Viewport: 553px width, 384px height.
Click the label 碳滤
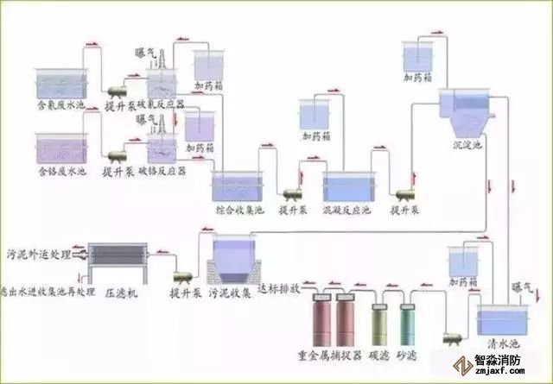pyautogui.click(x=381, y=354)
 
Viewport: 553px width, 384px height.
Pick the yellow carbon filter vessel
pyautogui.click(x=381, y=324)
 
